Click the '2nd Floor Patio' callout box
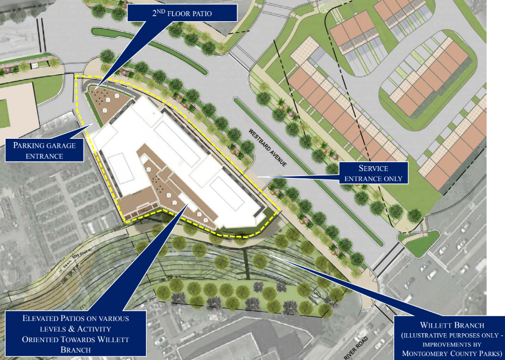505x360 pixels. tap(182, 12)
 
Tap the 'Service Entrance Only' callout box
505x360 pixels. tap(373, 173)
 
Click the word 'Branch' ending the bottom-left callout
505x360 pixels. tap(76, 349)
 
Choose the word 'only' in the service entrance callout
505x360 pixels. tap(395, 178)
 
